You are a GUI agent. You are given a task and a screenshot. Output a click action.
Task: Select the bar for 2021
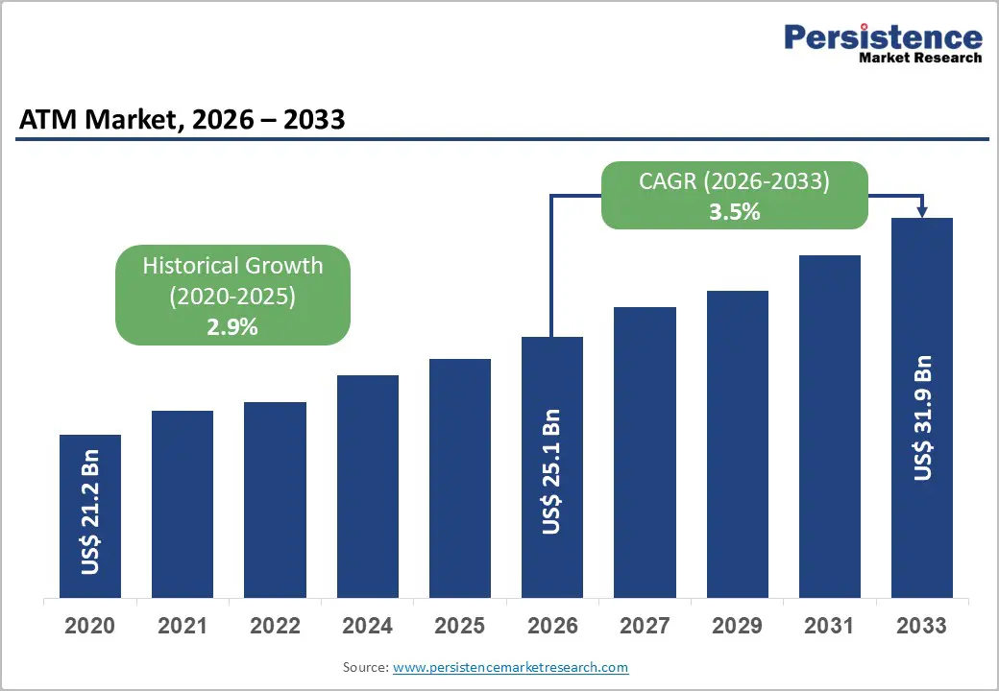pos(183,504)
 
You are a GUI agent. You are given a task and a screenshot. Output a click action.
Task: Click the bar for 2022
pos(275,499)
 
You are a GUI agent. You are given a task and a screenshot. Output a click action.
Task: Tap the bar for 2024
pos(367,487)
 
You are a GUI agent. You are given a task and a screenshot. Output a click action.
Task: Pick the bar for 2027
pos(645,452)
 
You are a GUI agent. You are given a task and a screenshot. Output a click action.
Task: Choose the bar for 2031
pos(829,426)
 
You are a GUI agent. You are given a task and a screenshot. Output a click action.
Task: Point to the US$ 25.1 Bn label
pos(551,470)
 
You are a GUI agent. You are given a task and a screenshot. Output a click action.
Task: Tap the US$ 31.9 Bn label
pos(922,417)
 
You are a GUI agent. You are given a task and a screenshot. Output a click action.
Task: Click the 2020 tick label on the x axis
pos(90,627)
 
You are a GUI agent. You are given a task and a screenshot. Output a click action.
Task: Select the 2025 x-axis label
pos(459,627)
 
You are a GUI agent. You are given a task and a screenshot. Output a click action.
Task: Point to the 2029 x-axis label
pos(737,627)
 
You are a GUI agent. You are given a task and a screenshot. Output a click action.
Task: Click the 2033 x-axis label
pos(921,627)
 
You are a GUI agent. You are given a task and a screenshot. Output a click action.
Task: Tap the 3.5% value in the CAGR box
pos(734,212)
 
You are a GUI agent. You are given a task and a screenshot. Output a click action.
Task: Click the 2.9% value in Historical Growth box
pos(232,326)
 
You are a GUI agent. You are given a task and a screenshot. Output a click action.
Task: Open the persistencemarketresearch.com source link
pos(510,666)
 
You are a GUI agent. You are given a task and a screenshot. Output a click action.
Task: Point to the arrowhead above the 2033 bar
pos(922,212)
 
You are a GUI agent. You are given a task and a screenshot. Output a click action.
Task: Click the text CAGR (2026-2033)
pos(734,181)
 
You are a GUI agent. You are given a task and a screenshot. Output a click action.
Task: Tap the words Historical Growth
pos(232,266)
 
